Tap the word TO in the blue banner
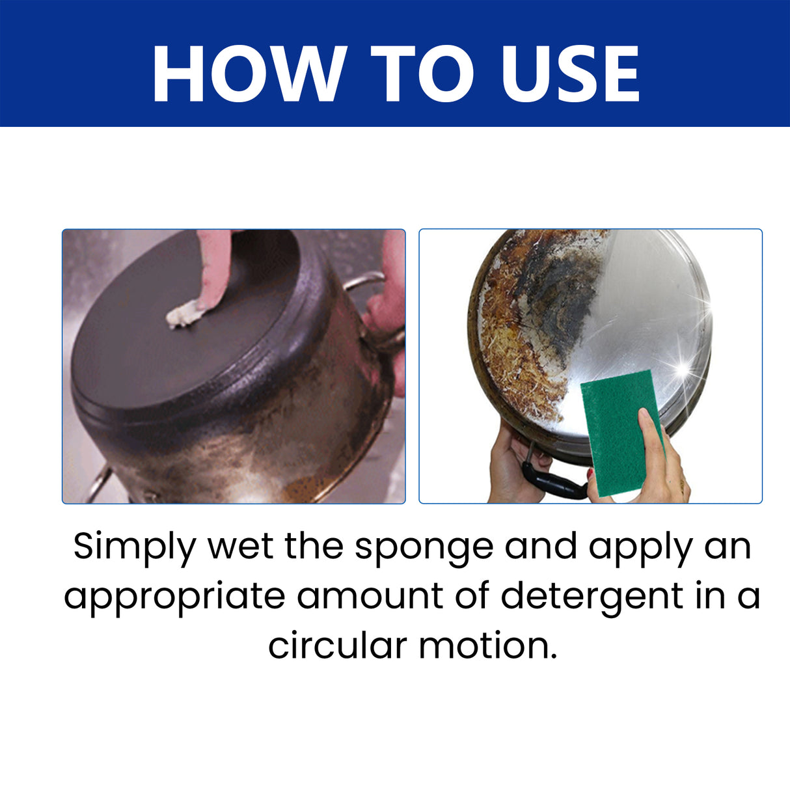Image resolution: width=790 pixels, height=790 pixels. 424,74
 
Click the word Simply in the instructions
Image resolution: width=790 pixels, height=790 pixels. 133,547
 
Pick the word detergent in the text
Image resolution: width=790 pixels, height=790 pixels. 592,597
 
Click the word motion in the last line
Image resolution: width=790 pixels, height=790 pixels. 487,646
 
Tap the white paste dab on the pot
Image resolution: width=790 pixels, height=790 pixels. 184,315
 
